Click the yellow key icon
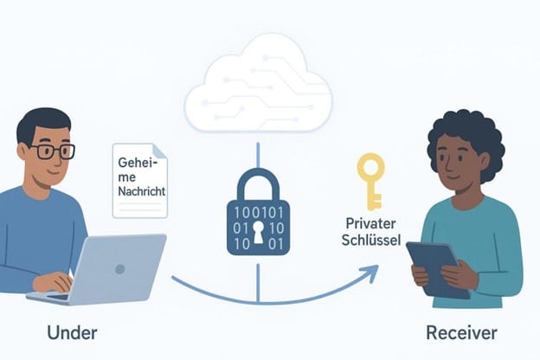point(371,182)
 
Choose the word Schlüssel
point(371,240)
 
